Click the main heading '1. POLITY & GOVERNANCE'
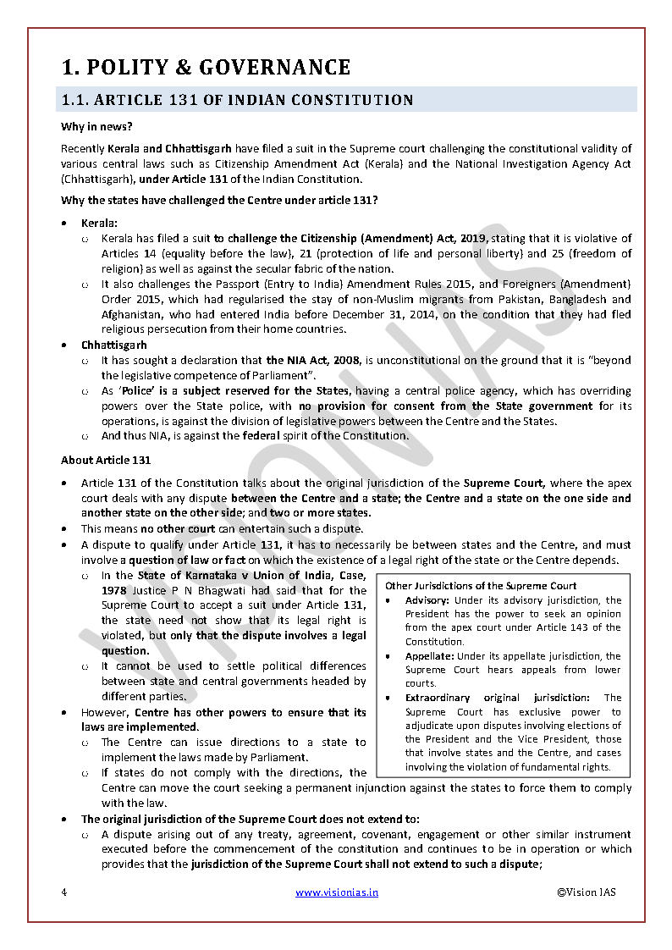206,68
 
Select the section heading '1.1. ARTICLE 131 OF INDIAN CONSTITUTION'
237,101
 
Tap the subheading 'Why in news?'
96,127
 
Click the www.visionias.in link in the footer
337,892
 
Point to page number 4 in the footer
63,892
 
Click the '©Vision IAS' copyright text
586,892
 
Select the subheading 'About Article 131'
106,461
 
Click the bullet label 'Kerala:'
99,223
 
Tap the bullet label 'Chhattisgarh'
113,345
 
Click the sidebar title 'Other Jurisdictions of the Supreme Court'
481,586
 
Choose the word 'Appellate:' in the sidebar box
429,656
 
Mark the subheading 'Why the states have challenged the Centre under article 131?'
219,200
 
